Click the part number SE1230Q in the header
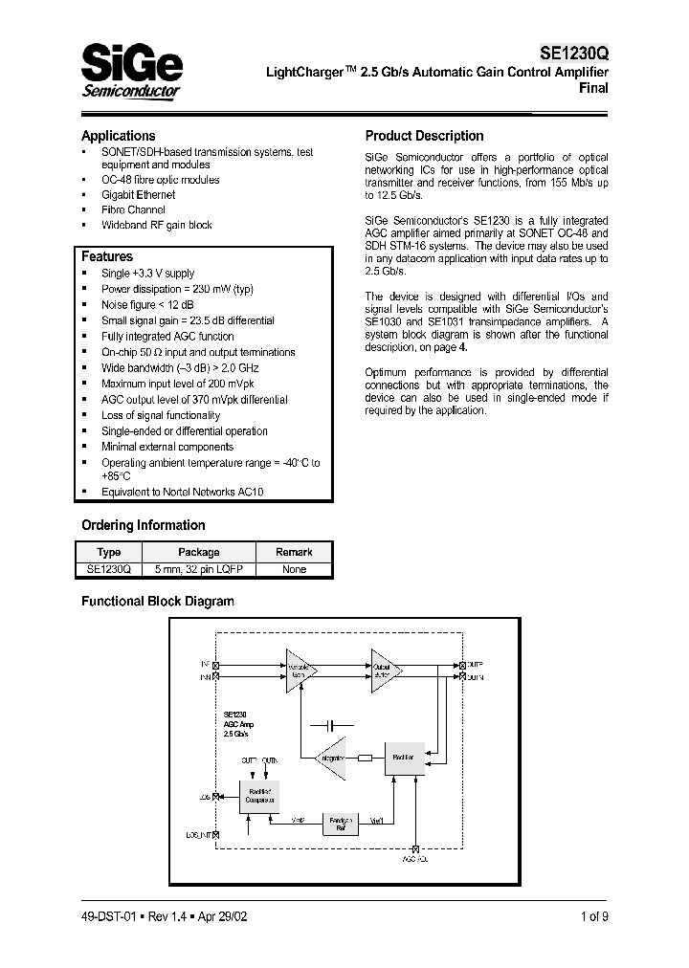pos(573,55)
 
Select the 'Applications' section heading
pos(118,136)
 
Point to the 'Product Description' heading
pos(424,136)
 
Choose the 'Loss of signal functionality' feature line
pos(161,415)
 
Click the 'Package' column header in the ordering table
pos(199,552)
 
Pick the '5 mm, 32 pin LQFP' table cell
pos(199,569)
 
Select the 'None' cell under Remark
pos(294,569)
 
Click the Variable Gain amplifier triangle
pos(299,669)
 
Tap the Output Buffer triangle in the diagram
pos(385,669)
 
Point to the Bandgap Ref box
pos(342,824)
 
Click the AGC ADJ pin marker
pos(415,848)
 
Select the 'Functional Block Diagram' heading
pos(157,602)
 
